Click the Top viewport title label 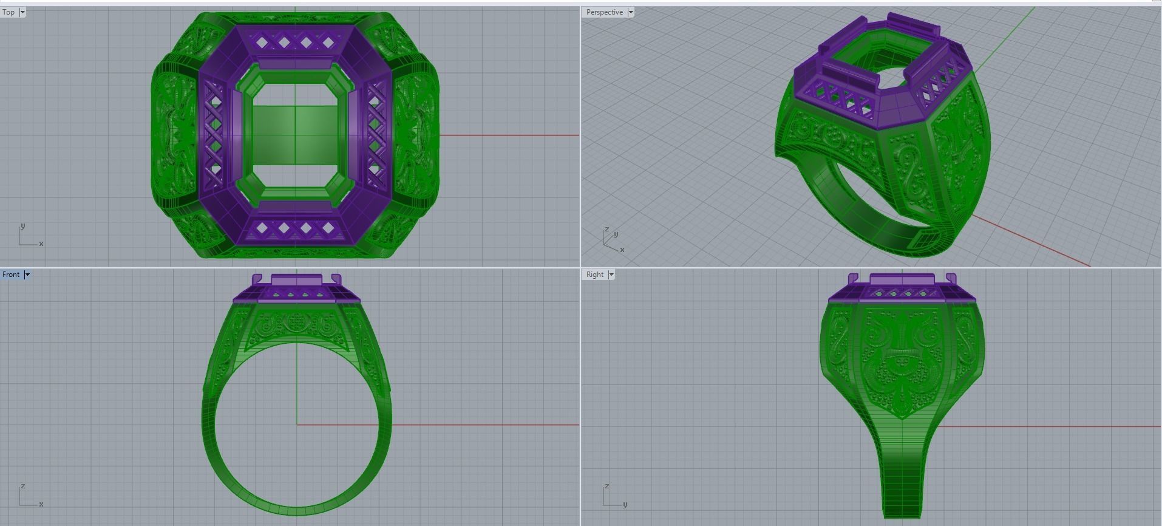pos(8,12)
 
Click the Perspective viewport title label pos(604,12)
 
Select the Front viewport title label pos(11,275)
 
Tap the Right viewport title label pos(594,275)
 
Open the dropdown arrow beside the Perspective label pos(631,12)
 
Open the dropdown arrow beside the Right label pos(611,275)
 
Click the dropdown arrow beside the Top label pos(22,12)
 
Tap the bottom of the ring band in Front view pos(296,510)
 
